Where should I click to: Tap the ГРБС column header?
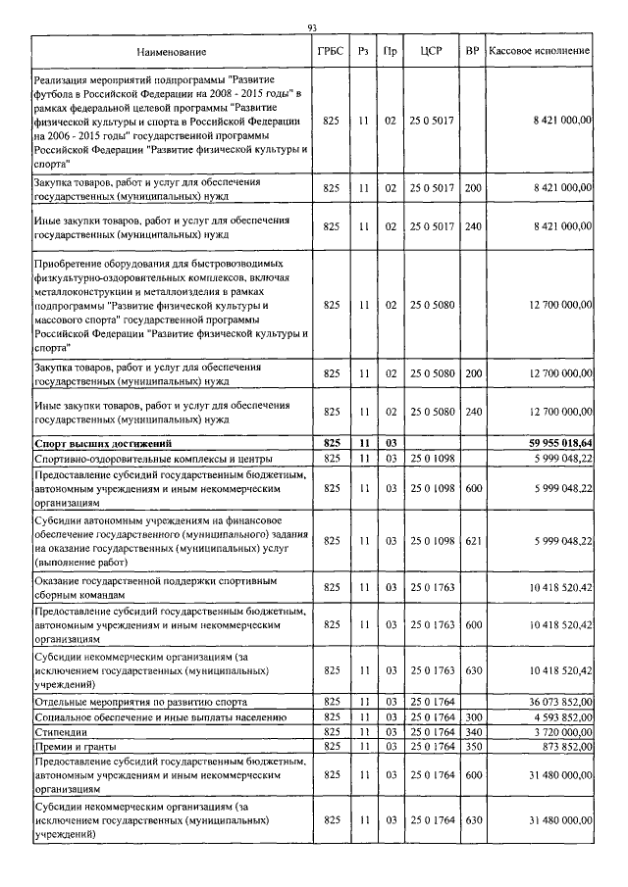331,49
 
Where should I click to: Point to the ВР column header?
473,49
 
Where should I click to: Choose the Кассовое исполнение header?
541,49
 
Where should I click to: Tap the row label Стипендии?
60,731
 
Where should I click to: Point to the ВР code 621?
473,540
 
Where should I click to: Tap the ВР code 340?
473,731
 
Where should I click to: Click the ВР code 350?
473,746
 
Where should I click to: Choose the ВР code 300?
473,717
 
